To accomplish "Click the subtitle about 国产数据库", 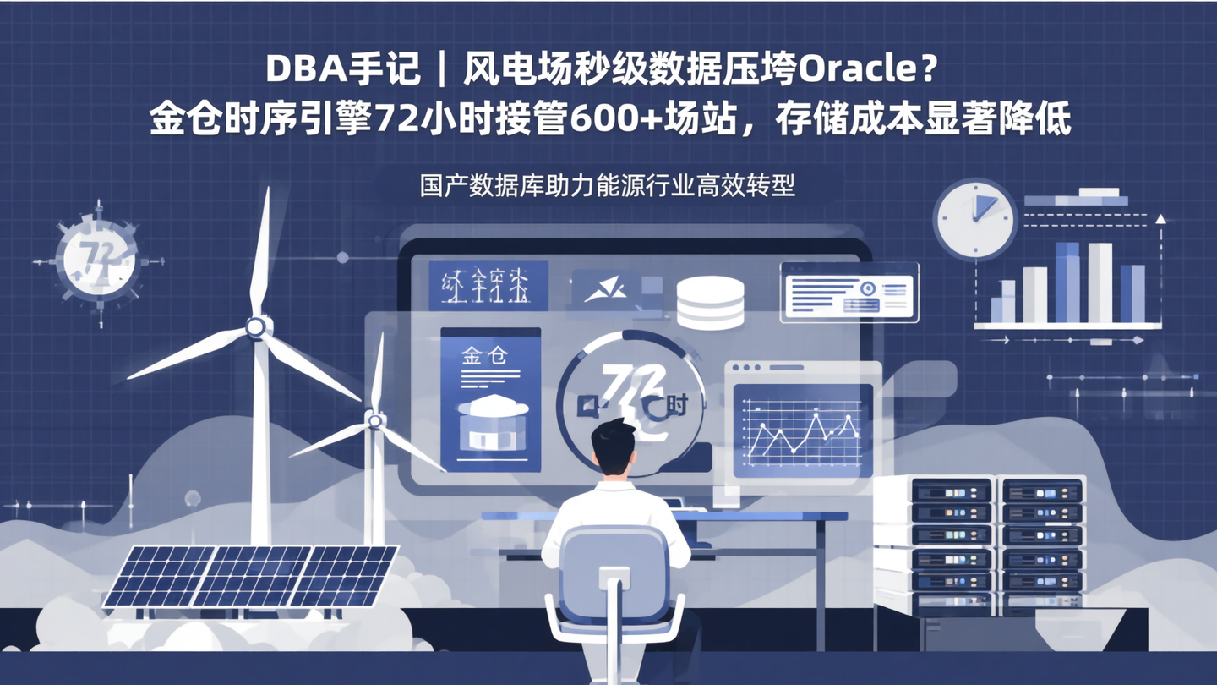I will (x=608, y=184).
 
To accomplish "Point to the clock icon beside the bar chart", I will (x=974, y=219).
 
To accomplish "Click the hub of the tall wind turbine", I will (x=255, y=326).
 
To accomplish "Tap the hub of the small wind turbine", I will (x=374, y=419).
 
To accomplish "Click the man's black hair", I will (x=613, y=441).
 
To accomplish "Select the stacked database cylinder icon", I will (x=710, y=302).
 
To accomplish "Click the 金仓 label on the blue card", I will (x=485, y=356).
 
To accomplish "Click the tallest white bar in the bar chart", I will (x=1100, y=282).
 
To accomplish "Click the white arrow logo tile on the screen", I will (x=606, y=288).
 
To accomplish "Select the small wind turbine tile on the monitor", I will (x=488, y=286).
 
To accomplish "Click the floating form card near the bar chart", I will (x=849, y=292).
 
